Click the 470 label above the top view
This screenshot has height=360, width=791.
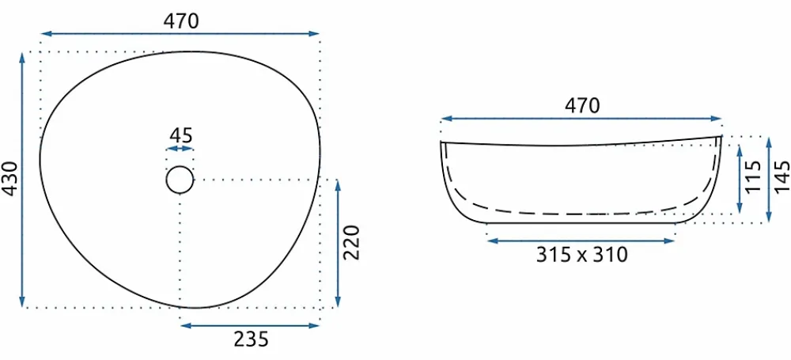tap(182, 21)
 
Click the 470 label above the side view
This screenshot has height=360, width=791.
tap(582, 105)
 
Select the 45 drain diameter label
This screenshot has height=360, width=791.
tap(180, 135)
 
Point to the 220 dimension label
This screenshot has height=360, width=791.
tap(351, 242)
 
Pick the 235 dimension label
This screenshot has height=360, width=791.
tap(251, 339)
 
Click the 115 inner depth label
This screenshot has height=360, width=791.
tap(753, 176)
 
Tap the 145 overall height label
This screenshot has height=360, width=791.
tap(782, 176)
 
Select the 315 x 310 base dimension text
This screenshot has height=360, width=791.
tap(581, 255)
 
